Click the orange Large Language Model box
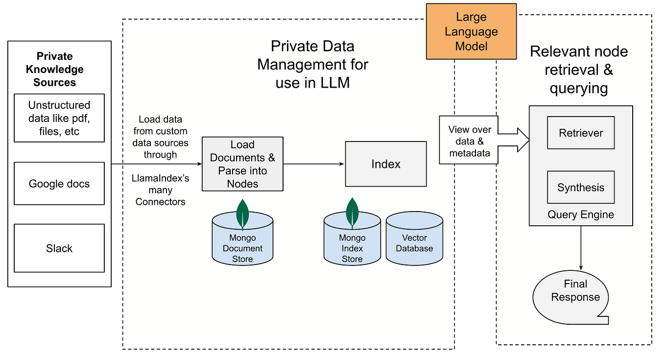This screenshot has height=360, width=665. pyautogui.click(x=471, y=31)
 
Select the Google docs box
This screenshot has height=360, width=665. pyautogui.click(x=59, y=184)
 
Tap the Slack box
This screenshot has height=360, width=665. pyautogui.click(x=59, y=248)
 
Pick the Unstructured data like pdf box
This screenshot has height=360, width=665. pyautogui.click(x=59, y=118)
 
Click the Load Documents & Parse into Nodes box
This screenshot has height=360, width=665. pyautogui.click(x=242, y=164)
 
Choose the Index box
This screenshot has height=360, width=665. pyautogui.click(x=386, y=164)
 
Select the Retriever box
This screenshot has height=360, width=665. pyautogui.click(x=581, y=133)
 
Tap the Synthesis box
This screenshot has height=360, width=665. pyautogui.click(x=581, y=187)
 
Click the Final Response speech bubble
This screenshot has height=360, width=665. pyautogui.click(x=571, y=297)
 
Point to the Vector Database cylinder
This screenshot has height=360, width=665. pyautogui.click(x=414, y=238)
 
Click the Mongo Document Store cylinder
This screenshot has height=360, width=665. pyautogui.click(x=242, y=238)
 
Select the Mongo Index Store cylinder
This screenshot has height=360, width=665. pyautogui.click(x=352, y=238)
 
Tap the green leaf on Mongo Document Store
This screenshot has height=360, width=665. pyautogui.click(x=242, y=215)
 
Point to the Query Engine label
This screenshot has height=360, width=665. pyautogui.click(x=581, y=215)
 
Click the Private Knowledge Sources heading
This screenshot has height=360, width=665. pyautogui.click(x=55, y=69)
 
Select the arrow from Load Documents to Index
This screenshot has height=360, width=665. pyautogui.click(x=314, y=164)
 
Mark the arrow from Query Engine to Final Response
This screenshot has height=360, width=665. pyautogui.click(x=581, y=248)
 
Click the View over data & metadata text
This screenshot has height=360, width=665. pyautogui.click(x=470, y=142)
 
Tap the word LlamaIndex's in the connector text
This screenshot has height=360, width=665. pyautogui.click(x=160, y=178)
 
